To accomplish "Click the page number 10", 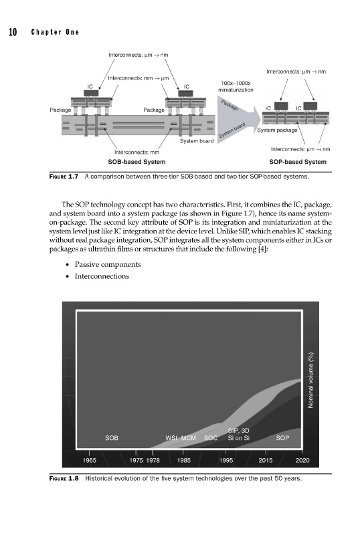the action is pos(13,32).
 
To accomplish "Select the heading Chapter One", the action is pos(55,32).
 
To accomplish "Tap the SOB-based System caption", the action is pos(137,162).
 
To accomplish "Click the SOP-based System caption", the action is pos(298,162).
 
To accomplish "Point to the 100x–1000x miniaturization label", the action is pos(236,86).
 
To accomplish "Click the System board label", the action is pos(197,141).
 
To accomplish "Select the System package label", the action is pos(277,130).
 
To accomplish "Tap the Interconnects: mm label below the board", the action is pos(137,152).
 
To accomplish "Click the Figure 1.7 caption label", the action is pos(64,177).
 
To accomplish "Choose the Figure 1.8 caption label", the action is pos(64,478).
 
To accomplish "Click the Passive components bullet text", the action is pos(108,264).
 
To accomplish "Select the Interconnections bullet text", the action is pos(102,276).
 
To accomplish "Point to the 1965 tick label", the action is pos(90,460).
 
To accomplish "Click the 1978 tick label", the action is pos(153,460).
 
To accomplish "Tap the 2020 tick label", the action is pos(302,460).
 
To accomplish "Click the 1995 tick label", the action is pos(226,460).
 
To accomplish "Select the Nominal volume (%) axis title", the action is pos(310,380).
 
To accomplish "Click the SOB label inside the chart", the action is pos(112,438).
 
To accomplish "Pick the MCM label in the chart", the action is pos(189,438).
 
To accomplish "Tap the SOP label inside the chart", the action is pos(282,438).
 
